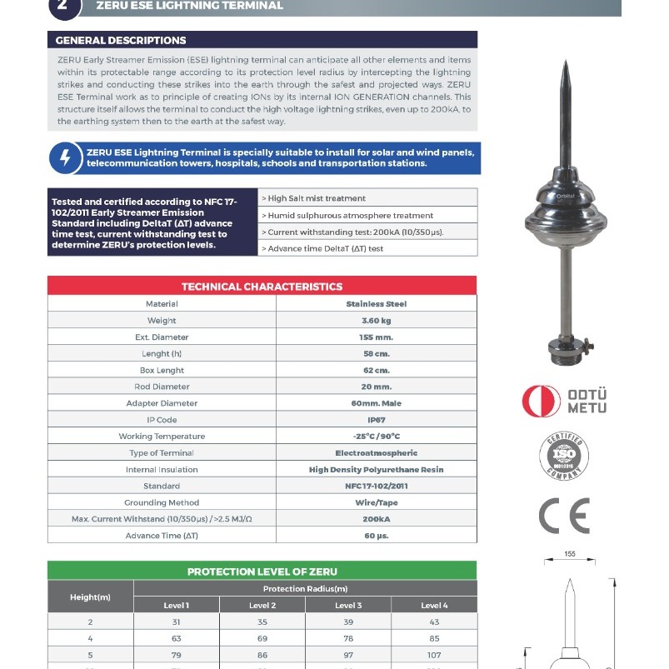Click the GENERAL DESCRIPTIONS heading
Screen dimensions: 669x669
tap(121, 40)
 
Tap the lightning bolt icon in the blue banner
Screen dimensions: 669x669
tap(65, 158)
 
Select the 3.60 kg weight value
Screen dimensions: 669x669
tap(377, 321)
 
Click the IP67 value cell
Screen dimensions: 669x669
tap(377, 420)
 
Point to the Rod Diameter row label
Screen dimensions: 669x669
tap(162, 387)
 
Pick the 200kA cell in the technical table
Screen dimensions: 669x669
tap(377, 519)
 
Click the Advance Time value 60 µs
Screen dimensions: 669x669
tap(377, 536)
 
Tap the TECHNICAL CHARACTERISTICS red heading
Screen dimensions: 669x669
tap(262, 287)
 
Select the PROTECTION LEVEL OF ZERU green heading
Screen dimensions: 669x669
tap(262, 572)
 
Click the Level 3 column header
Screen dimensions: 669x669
tap(348, 606)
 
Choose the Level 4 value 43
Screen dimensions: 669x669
tap(434, 622)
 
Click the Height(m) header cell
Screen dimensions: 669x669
tap(90, 597)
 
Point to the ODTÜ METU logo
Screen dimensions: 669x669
tap(564, 402)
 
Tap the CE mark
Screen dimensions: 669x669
tap(564, 516)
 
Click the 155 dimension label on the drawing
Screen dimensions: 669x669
tap(570, 553)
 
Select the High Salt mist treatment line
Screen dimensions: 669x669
tap(317, 198)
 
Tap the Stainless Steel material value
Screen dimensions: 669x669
tap(377, 304)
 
